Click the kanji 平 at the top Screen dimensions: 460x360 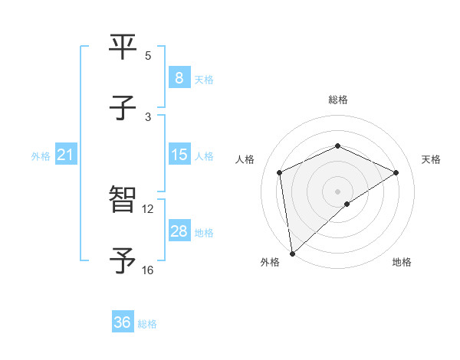pos(123,47)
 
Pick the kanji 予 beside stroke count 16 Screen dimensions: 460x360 pos(123,261)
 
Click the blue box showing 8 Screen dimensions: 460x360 pos(179,77)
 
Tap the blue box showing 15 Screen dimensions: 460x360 pos(179,155)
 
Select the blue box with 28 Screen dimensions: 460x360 pos(179,231)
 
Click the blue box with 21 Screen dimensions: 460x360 pos(66,155)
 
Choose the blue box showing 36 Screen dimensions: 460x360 pos(123,322)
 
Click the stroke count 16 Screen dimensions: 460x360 pos(147,270)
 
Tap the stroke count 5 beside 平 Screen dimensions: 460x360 pos(148,55)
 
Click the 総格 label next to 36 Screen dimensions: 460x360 pos(148,324)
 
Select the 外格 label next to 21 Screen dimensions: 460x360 pos(41,156)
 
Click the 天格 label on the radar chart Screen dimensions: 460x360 pos(431,159)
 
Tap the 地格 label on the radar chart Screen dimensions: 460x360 pos(402,262)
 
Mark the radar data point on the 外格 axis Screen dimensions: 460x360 pos(292,253)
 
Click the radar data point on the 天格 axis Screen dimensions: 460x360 pos(396,172)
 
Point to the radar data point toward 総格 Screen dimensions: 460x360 pos(337,146)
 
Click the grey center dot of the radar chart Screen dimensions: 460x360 pos(337,191)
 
